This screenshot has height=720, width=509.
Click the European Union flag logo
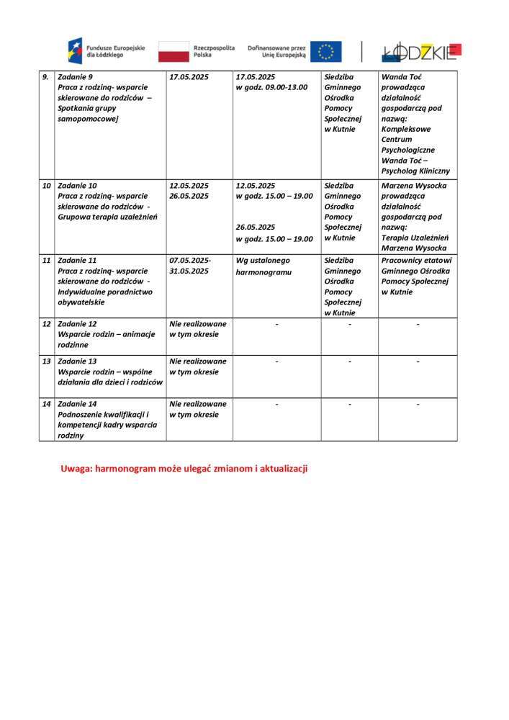[326, 51]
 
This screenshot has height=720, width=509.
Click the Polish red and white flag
[174, 52]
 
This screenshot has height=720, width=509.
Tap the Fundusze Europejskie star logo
[75, 51]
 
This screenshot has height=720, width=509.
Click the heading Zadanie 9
[76, 77]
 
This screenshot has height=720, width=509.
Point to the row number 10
[46, 186]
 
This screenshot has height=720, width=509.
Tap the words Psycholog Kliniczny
[415, 171]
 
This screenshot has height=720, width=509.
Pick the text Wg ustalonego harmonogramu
[263, 266]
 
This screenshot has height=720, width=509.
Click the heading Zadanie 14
[77, 404]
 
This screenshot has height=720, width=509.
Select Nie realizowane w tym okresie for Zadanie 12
[197, 330]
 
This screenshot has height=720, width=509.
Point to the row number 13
[46, 361]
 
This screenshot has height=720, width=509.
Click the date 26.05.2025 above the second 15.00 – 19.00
[256, 227]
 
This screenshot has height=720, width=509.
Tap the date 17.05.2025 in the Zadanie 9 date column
[189, 77]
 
